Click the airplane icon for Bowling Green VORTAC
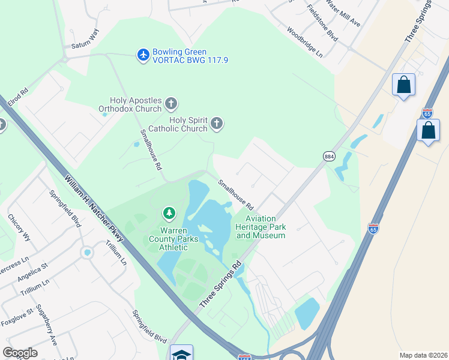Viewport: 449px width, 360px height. (143, 55)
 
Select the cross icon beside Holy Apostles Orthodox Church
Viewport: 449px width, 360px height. (171, 103)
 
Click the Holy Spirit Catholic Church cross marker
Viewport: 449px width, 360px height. (217, 124)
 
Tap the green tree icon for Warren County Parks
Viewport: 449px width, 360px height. (169, 213)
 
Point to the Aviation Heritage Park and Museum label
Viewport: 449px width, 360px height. (261, 227)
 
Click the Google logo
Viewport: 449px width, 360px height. (20, 353)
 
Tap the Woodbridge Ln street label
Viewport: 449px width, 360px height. (304, 41)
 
